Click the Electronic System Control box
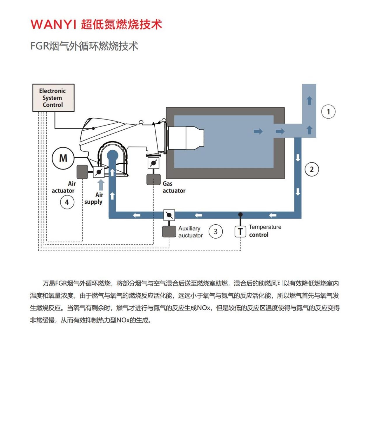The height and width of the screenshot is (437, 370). tap(53, 98)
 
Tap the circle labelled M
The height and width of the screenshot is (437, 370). tap(63, 158)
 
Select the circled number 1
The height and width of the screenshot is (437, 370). tap(328, 111)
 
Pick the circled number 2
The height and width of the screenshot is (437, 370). tap(312, 169)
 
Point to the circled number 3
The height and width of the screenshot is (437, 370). tap(215, 231)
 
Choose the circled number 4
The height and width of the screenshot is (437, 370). tap(67, 202)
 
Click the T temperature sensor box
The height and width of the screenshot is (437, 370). tap(240, 231)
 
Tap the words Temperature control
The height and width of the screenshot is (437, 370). tap(265, 231)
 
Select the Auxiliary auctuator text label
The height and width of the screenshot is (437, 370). tap(191, 232)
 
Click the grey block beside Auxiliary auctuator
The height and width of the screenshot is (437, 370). tap(169, 232)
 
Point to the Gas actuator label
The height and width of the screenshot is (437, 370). tap(174, 187)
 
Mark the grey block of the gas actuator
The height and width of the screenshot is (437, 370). tap(153, 179)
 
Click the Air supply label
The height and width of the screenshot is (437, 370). tap(93, 198)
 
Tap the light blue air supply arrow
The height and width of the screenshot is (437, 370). tap(101, 185)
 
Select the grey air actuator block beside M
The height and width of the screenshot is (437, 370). tap(82, 172)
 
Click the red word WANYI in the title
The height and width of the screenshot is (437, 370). tap(53, 24)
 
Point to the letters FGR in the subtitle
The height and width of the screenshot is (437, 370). tap(40, 46)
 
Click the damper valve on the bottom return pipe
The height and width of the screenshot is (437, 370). tap(169, 215)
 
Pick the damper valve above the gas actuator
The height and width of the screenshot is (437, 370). tap(153, 163)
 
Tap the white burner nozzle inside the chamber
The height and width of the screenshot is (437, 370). tap(186, 138)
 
